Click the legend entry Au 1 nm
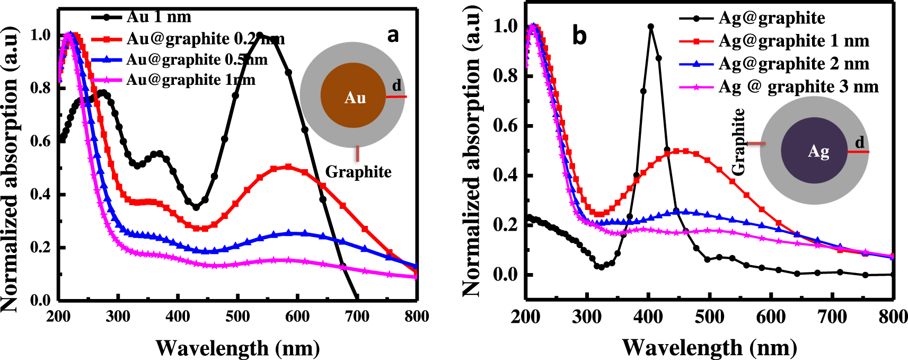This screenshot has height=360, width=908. [158, 17]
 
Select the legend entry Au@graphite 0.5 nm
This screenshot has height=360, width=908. [197, 59]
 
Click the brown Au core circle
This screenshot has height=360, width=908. [354, 95]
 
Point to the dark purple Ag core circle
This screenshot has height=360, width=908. [814, 151]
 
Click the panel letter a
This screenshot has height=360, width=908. [393, 35]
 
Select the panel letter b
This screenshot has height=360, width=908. [579, 36]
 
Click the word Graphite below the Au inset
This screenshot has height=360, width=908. [358, 172]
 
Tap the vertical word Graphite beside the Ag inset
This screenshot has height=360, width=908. [738, 142]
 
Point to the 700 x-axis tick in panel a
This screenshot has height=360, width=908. [357, 317]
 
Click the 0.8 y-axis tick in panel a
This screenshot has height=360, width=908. [40, 87]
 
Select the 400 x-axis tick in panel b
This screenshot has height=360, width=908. [648, 317]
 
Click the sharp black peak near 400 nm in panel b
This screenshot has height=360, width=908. [651, 27]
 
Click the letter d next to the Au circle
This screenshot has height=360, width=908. [396, 85]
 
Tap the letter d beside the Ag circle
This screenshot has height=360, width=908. [859, 142]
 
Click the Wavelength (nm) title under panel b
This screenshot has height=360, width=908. [709, 348]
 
